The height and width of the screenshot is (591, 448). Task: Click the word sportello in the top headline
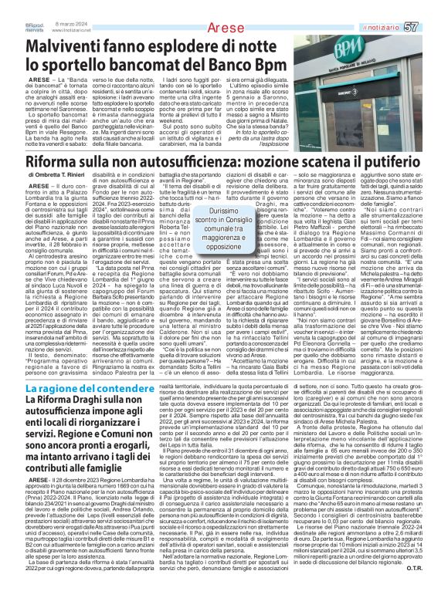pyautogui.click(x=61, y=43)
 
